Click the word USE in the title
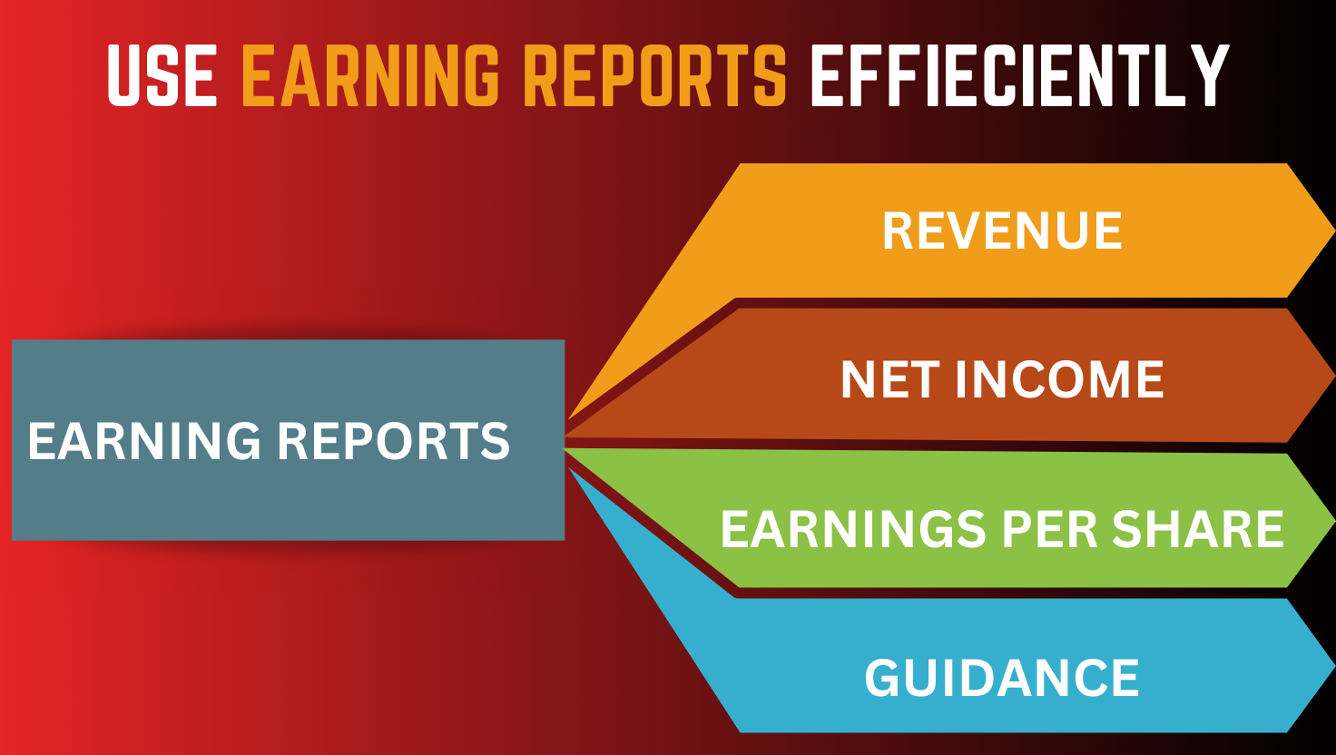162,75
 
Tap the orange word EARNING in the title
370,75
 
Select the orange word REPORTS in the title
658,75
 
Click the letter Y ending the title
1205,75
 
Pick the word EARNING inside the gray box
144,441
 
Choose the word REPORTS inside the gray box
394,441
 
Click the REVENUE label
1003,230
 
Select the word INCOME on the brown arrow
1060,379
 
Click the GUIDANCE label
1002,678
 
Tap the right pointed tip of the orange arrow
1333,230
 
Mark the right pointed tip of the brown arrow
1333,376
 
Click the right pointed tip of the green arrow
1333,521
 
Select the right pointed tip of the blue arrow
1333,665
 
